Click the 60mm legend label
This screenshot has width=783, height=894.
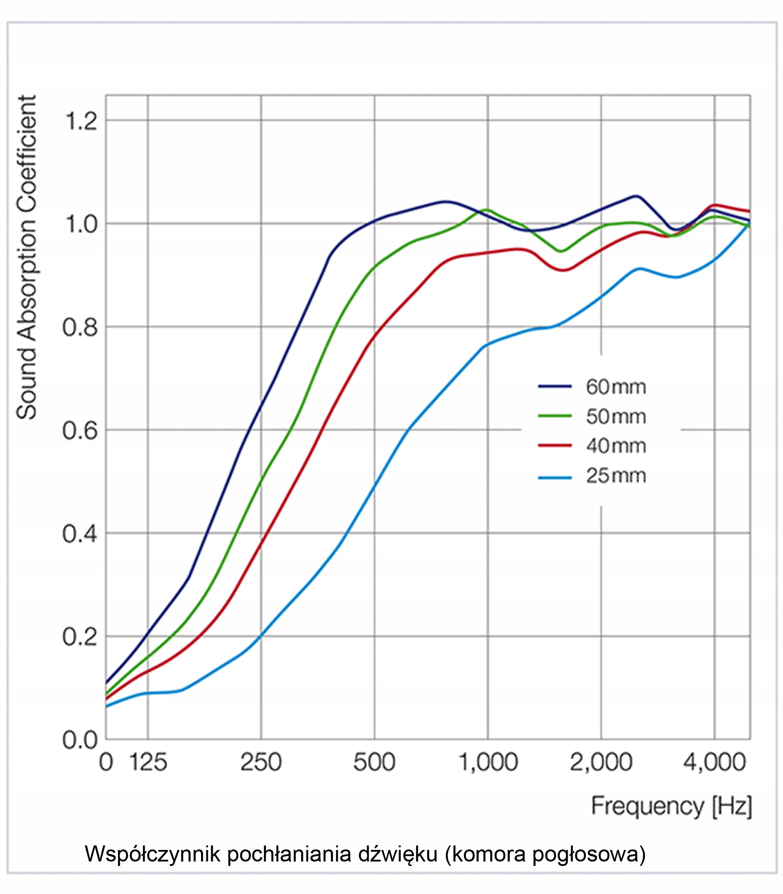point(616,387)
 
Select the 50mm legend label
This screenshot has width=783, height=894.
point(616,417)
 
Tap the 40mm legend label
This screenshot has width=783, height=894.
point(616,446)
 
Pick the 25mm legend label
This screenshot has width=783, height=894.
point(616,475)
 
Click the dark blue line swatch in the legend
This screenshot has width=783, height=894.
point(555,386)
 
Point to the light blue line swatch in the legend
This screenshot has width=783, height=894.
point(555,478)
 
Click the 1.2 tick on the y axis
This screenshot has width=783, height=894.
point(81,121)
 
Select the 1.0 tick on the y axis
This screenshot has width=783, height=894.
point(81,224)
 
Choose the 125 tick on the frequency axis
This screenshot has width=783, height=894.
point(148,762)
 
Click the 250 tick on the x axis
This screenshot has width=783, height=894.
point(261,762)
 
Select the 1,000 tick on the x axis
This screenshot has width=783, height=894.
point(488,762)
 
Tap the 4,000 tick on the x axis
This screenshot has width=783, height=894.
point(714,762)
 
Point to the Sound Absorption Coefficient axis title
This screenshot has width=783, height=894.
point(27,257)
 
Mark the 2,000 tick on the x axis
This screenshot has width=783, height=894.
point(601,762)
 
